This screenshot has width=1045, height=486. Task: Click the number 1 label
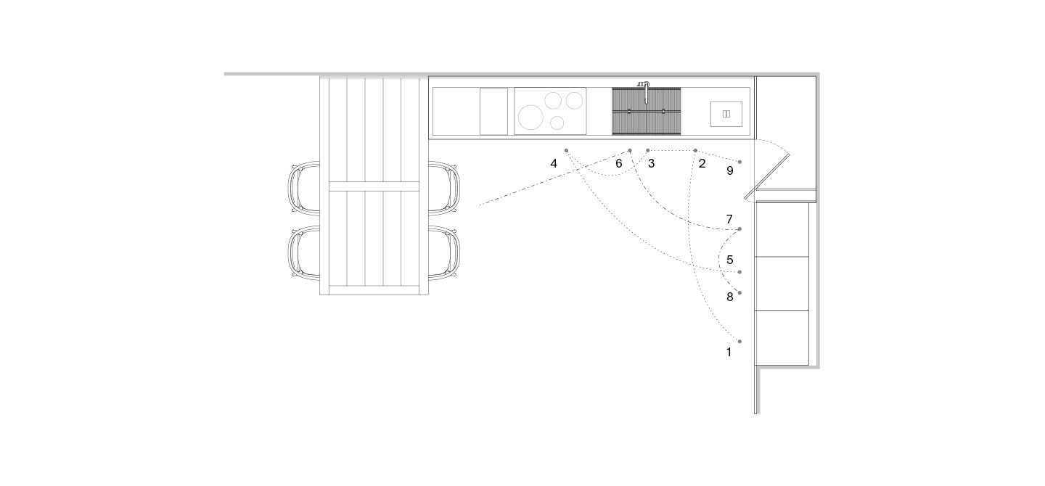click(729, 352)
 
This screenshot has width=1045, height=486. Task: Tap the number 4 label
click(554, 164)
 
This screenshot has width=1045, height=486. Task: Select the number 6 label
click(618, 164)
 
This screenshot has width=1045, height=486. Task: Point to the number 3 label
click(651, 164)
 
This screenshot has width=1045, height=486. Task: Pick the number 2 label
click(702, 164)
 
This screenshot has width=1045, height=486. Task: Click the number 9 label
click(730, 170)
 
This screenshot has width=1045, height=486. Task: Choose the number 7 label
click(729, 219)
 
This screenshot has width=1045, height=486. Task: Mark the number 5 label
click(730, 260)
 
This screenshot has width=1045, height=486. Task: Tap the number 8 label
click(730, 297)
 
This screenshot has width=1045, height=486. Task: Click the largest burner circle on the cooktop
click(530, 117)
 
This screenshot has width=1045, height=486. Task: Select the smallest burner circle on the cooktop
click(557, 123)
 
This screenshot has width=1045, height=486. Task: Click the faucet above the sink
click(644, 91)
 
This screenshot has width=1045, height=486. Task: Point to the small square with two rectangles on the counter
click(726, 114)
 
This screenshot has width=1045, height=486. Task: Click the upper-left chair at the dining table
click(304, 187)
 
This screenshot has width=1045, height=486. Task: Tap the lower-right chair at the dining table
click(443, 253)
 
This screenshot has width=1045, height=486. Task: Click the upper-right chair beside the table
click(443, 187)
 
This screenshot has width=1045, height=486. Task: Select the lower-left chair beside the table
click(304, 253)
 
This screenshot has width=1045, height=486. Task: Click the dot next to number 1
click(740, 342)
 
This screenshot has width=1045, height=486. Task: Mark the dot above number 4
click(566, 151)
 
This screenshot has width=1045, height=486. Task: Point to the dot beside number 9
click(740, 162)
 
